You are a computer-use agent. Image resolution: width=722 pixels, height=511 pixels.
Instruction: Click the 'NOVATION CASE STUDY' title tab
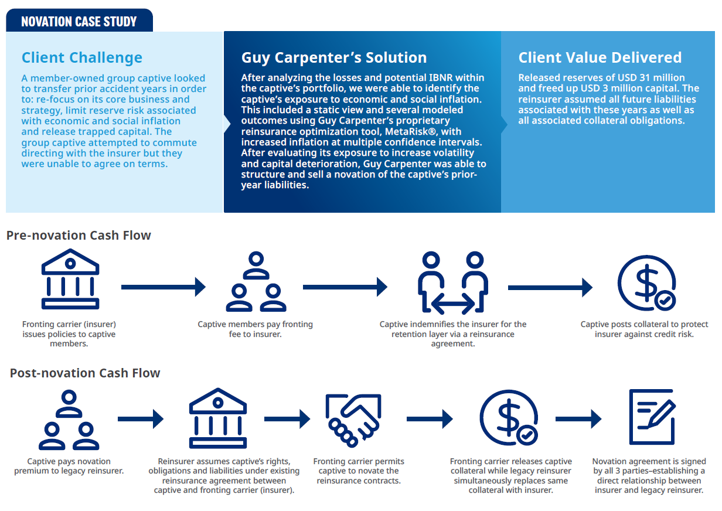(79, 21)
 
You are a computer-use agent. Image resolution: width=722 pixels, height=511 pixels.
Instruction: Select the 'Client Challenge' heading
(82, 57)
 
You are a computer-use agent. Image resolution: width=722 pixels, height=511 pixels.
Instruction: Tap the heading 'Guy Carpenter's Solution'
(334, 57)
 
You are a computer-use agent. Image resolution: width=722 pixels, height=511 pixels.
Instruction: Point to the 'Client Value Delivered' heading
(600, 57)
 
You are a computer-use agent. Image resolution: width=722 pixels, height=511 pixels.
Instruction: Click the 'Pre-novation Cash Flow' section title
(79, 236)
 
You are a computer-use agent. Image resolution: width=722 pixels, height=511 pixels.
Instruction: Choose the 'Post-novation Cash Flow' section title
(85, 373)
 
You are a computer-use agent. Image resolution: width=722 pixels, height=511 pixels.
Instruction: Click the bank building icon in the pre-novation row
(70, 279)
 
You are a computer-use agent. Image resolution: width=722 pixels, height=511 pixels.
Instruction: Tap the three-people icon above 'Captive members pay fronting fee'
(256, 281)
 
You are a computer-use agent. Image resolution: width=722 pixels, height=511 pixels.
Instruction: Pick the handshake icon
(353, 420)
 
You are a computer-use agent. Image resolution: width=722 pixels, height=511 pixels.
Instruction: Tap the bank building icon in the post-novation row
(218, 418)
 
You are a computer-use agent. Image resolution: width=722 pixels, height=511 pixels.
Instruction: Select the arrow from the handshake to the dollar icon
(430, 419)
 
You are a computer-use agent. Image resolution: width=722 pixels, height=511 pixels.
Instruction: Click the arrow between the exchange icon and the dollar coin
(550, 288)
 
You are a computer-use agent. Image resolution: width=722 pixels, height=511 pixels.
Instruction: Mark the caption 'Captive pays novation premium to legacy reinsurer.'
(69, 466)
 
